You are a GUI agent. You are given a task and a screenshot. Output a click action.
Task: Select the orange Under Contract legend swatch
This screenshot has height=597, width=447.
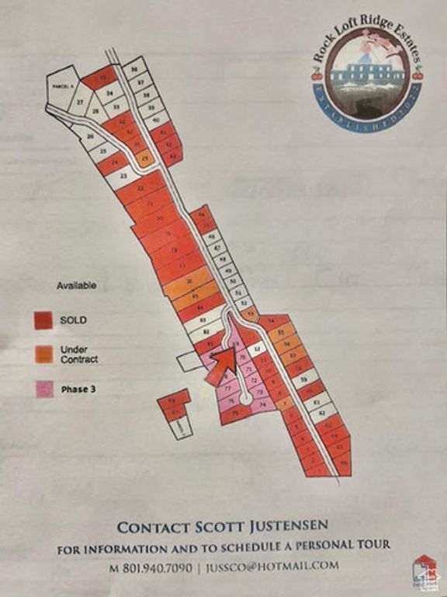click(x=43, y=354)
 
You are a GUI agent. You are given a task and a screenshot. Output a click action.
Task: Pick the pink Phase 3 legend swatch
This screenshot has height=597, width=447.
click(x=43, y=388)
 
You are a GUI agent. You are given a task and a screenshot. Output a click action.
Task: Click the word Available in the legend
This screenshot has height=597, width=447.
click(x=76, y=286)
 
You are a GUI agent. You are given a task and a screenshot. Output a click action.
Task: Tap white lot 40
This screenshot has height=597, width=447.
click(x=156, y=120)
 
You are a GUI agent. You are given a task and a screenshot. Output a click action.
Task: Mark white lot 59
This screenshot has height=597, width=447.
click(x=305, y=380)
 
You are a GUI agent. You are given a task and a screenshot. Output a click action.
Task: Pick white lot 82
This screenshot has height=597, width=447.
click(x=206, y=330)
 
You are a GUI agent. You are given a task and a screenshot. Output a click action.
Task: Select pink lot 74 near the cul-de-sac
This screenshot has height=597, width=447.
click(x=263, y=404)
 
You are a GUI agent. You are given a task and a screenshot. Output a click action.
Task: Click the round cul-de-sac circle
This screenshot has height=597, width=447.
click(x=246, y=399)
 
